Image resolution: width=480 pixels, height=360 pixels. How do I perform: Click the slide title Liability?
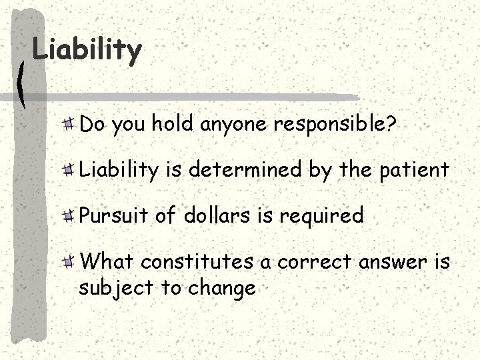point(87,50)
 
